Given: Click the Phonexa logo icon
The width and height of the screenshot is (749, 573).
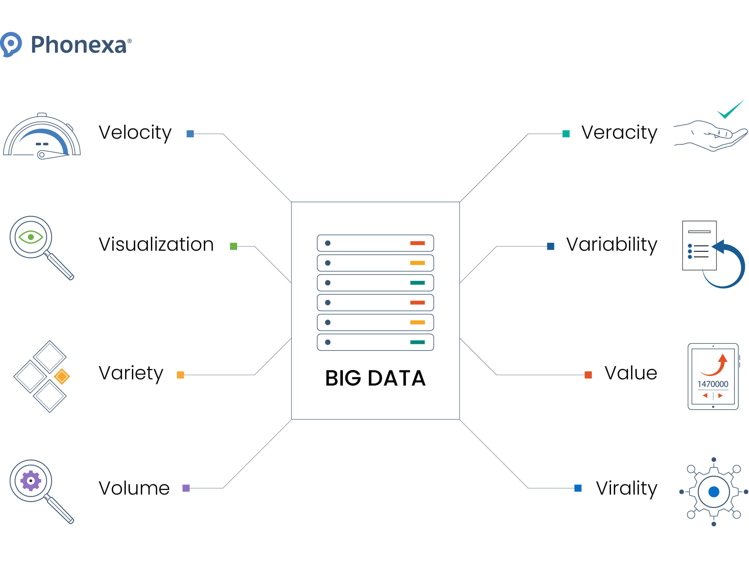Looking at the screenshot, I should (11, 44).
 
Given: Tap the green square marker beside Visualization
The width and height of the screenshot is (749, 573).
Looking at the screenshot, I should (233, 246).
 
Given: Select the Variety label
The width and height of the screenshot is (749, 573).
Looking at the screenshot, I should (131, 373).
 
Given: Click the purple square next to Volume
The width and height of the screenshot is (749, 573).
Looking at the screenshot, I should (186, 488).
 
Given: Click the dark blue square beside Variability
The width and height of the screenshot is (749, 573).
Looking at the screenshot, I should (551, 246).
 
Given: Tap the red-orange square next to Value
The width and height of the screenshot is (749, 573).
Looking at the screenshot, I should (588, 375).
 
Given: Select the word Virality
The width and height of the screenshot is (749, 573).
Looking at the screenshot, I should (626, 488).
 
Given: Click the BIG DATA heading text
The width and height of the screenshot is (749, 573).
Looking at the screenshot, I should (375, 378).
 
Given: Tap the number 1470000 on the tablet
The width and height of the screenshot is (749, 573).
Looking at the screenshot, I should (712, 384).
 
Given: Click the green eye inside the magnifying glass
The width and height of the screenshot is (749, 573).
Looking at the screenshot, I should (31, 237).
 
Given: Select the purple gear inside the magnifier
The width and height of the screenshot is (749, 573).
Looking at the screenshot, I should (31, 481).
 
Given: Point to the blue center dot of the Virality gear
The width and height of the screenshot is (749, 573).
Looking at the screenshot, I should (714, 492).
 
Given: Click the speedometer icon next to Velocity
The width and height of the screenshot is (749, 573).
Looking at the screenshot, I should (42, 136).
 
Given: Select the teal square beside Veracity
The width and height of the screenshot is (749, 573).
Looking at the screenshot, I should (566, 134).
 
